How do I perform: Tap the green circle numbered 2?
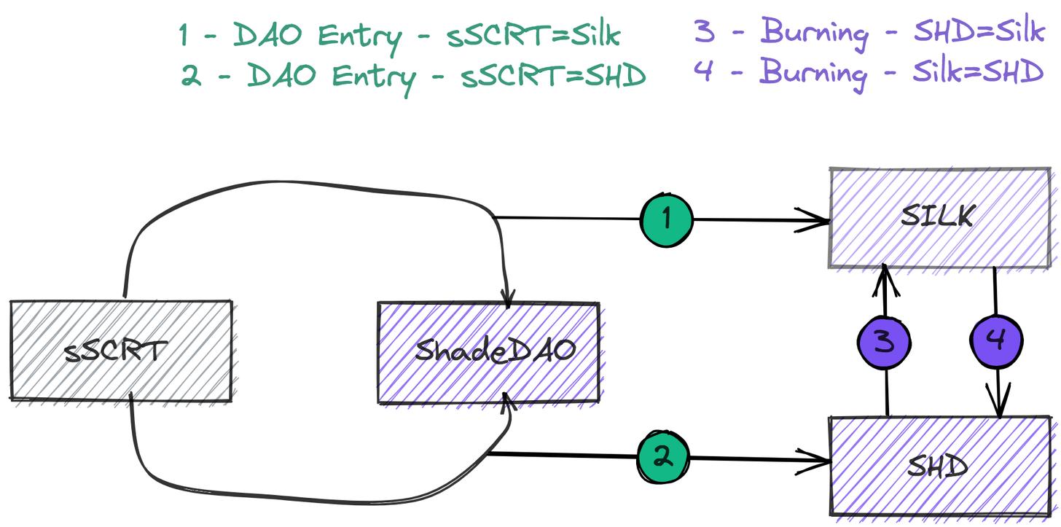662,457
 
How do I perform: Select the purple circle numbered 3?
885,341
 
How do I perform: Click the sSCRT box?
121,351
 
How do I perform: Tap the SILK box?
942,218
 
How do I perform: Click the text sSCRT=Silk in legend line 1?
533,36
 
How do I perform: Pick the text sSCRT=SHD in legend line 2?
553,76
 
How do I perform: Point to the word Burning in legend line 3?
815,32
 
